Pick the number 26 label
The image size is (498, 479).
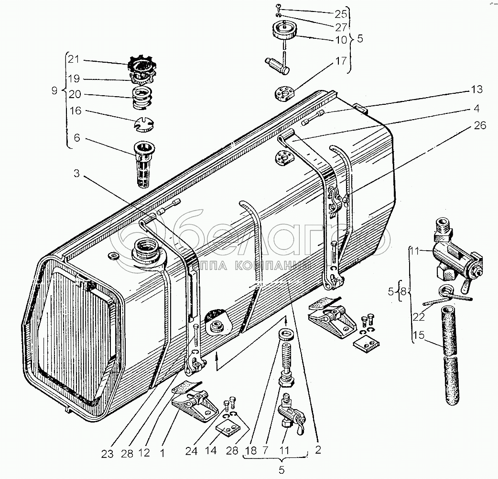[x=480, y=126]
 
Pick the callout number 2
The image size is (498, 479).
[x=318, y=450]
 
